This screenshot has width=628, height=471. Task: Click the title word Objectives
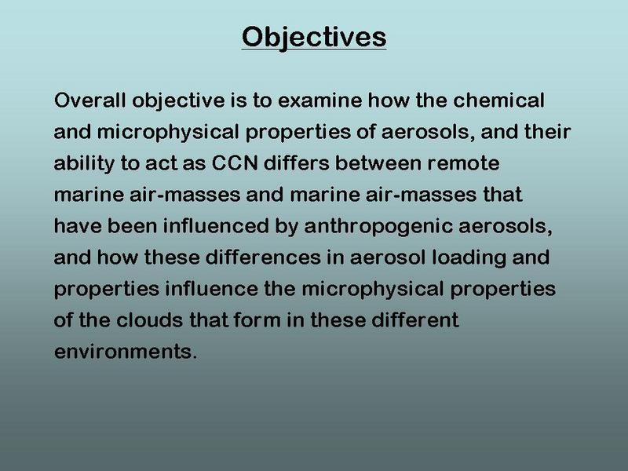(x=314, y=37)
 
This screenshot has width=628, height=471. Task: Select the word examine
(x=320, y=100)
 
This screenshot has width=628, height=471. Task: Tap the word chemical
(x=498, y=100)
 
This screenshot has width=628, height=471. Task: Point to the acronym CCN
(x=235, y=162)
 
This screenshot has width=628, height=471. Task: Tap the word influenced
(x=216, y=225)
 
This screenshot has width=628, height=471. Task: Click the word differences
(x=263, y=257)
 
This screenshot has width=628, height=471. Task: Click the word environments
(x=123, y=352)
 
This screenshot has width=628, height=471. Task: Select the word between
(x=378, y=162)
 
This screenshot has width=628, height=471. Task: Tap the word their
(x=547, y=131)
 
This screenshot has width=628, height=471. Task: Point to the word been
(x=132, y=225)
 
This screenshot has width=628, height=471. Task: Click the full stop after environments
(x=195, y=357)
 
